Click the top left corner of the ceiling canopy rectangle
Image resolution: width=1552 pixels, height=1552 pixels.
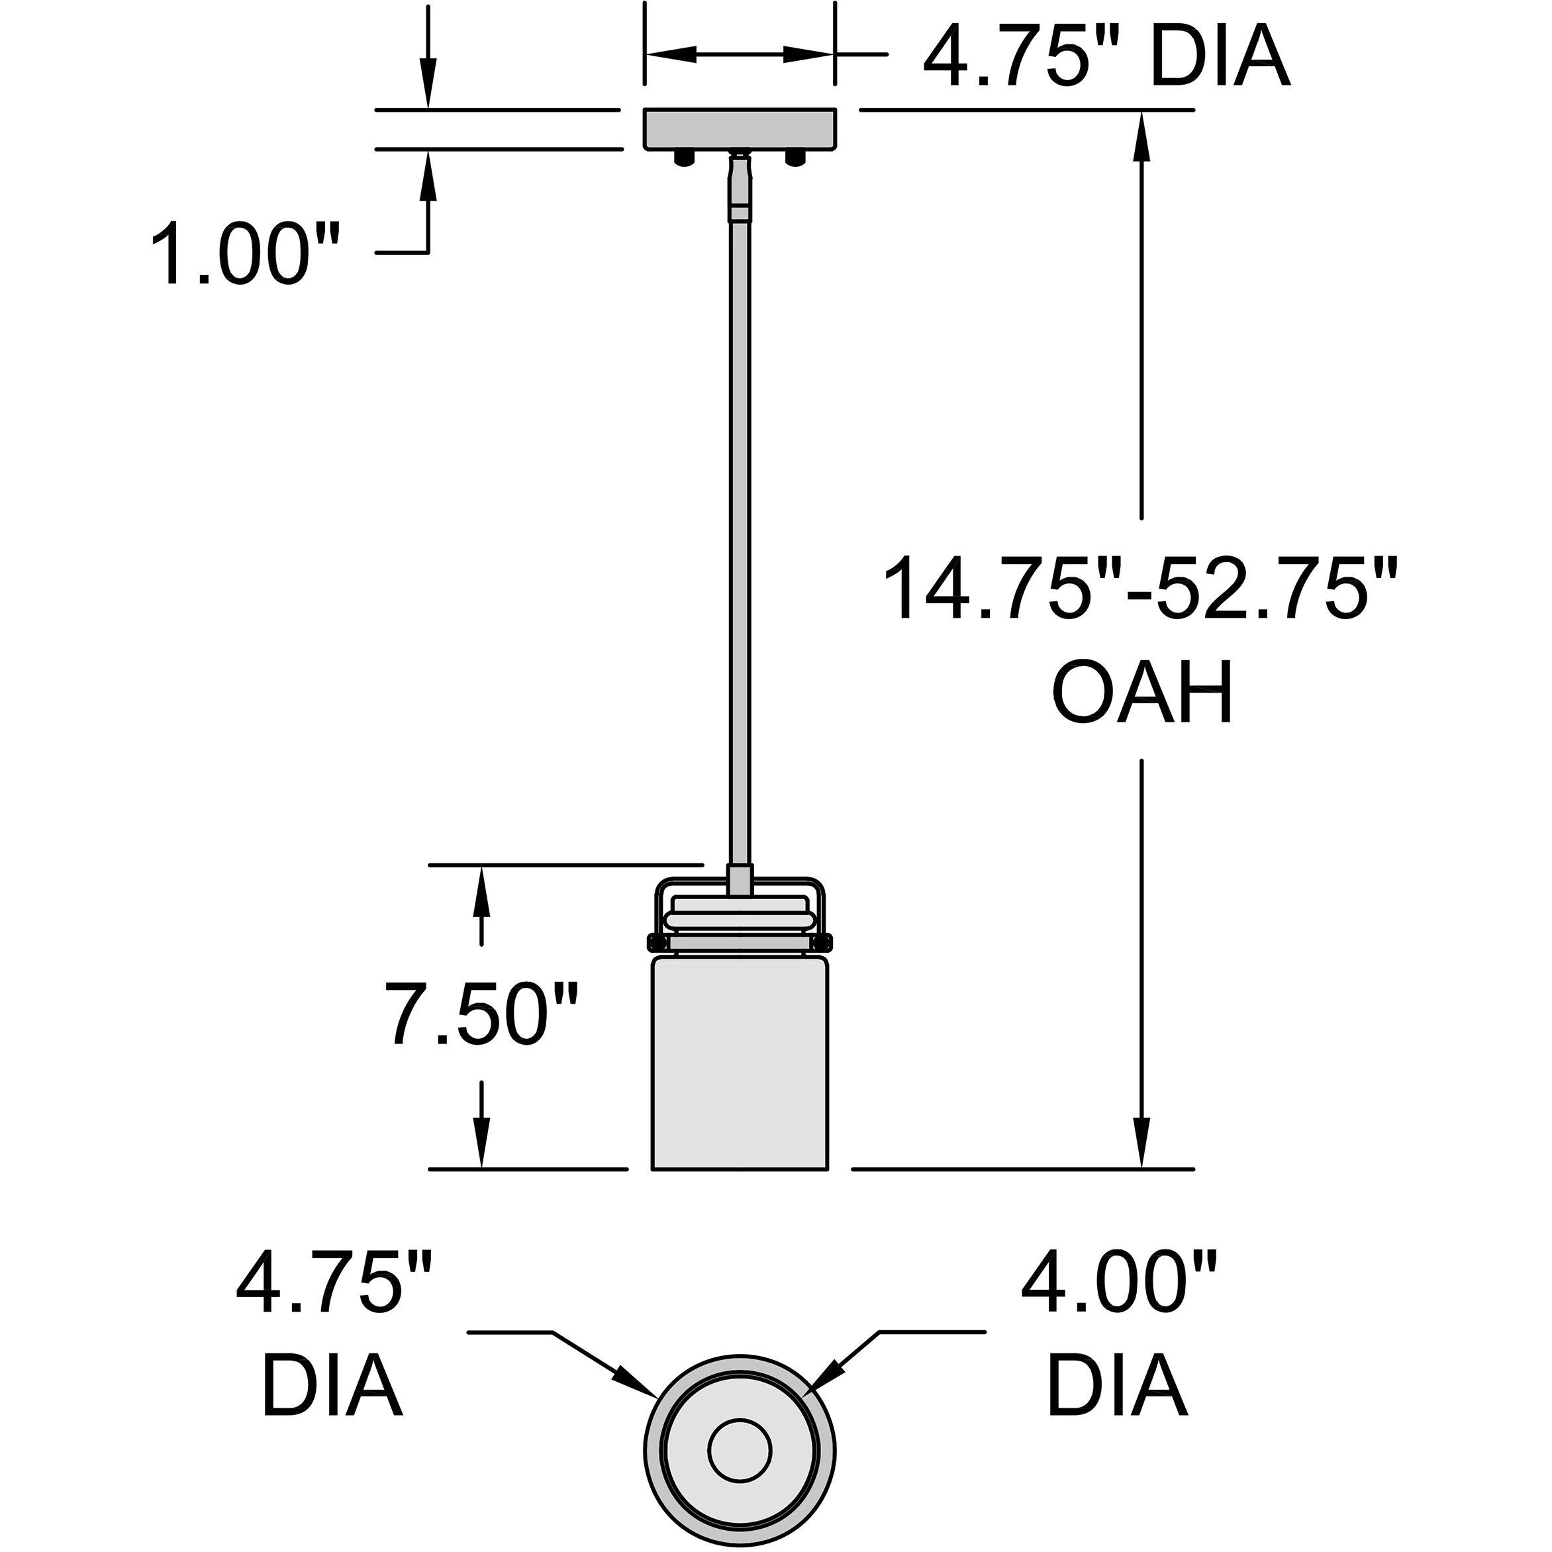coord(644,109)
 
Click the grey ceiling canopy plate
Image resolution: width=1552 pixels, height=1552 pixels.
coord(740,128)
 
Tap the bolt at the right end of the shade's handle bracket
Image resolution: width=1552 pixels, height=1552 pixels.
coord(824,940)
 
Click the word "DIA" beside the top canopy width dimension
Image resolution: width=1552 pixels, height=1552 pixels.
coord(1220,56)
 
